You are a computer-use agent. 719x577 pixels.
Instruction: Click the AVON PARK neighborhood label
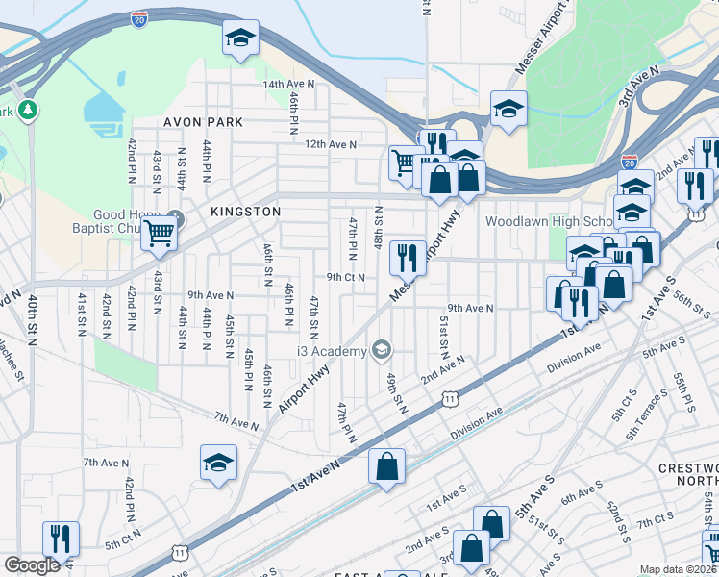point(203,122)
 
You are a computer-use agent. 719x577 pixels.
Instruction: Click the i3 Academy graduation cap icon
point(383,350)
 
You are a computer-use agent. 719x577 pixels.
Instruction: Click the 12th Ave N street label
point(331,144)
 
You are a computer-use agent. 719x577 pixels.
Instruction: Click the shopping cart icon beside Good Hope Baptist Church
point(159,232)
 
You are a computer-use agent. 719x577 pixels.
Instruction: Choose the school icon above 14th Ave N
point(240,38)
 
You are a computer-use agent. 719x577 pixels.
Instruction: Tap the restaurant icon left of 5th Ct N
point(62,538)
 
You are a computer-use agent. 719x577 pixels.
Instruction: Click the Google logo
point(33,565)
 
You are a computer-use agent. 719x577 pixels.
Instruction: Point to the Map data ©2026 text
point(677,569)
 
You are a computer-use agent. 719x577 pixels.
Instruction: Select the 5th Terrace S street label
point(646,411)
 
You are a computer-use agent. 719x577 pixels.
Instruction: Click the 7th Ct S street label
point(654,518)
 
